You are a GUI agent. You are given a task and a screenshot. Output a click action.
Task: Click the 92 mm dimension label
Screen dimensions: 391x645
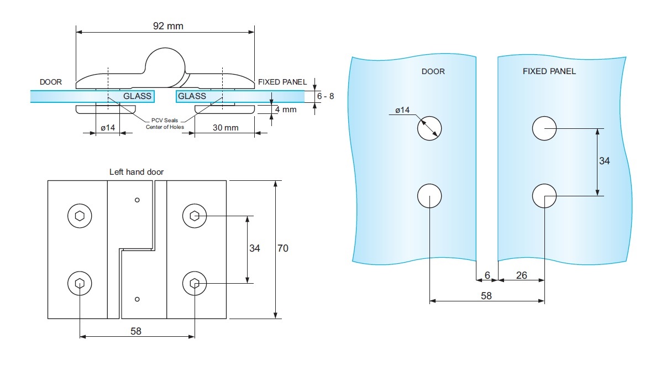point(167,25)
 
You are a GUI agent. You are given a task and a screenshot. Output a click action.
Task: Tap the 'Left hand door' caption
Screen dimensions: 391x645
point(137,172)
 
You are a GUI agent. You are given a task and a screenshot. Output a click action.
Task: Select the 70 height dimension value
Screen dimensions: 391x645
point(282,249)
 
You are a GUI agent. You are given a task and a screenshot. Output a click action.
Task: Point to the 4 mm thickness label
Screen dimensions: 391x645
point(286,110)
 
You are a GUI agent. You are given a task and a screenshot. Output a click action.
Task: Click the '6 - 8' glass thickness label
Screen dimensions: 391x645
point(325,96)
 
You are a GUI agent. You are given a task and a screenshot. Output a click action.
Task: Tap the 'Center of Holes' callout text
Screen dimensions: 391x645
point(165,127)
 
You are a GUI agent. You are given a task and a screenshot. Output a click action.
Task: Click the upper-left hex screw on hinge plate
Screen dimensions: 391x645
point(80,216)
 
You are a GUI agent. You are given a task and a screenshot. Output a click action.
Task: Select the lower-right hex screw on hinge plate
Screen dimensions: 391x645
point(195,284)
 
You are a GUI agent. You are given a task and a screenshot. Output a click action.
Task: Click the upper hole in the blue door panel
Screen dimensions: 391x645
point(429,128)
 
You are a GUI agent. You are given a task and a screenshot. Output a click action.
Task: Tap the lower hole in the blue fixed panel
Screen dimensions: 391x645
point(544,195)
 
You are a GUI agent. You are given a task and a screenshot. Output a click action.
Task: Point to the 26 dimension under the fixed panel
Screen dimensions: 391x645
point(521,275)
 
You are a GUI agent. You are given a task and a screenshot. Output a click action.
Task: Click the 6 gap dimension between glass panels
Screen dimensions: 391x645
point(487,275)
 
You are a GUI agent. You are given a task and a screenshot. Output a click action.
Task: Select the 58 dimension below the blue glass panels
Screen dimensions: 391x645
point(486,296)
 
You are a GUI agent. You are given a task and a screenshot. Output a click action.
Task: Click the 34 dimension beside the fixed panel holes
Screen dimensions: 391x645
point(605,161)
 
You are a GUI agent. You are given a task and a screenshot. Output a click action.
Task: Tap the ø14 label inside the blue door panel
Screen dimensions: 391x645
point(402,111)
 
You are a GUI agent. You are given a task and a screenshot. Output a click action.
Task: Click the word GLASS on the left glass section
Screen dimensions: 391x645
point(138,96)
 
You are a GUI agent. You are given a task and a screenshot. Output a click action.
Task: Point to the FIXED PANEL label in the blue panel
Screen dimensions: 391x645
point(549,71)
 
